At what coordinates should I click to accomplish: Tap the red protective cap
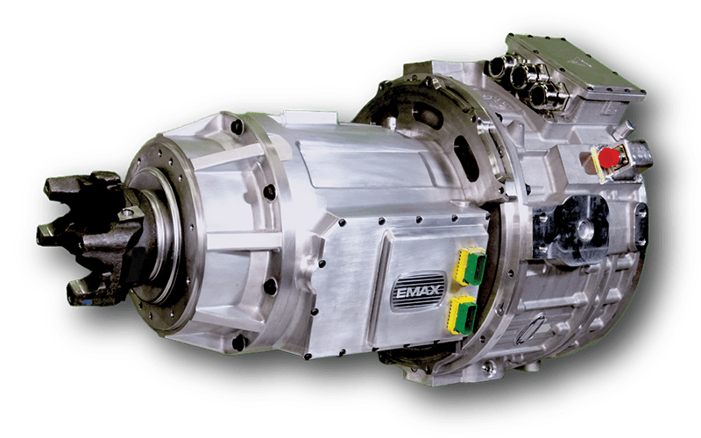[x=607, y=158]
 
